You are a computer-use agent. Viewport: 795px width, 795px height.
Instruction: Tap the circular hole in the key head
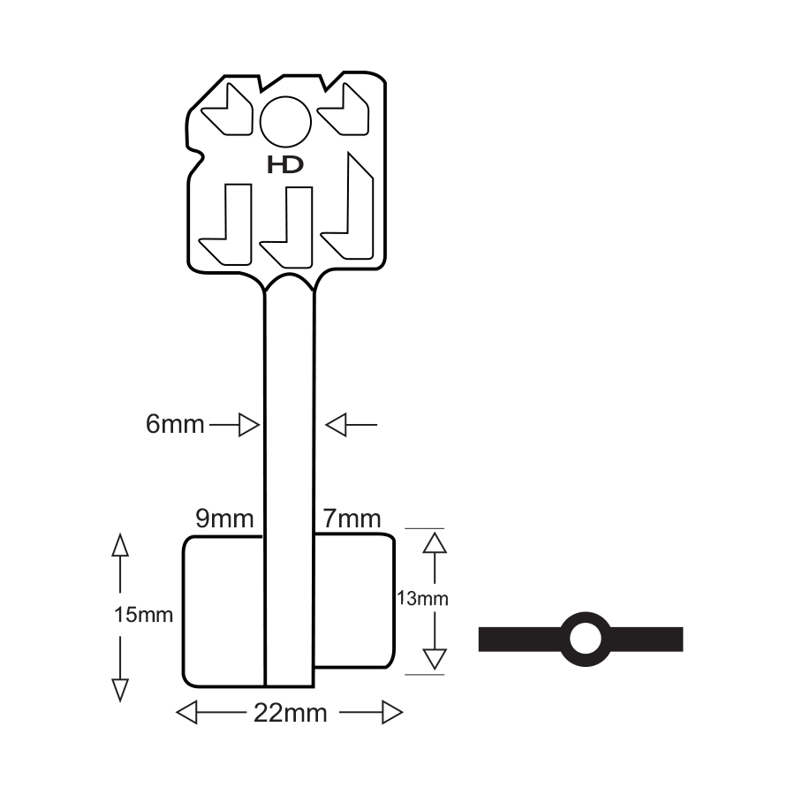pyautogui.click(x=285, y=120)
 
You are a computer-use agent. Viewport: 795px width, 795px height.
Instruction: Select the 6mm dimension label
pyautogui.click(x=175, y=425)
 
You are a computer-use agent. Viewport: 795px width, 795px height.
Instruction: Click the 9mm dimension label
pyautogui.click(x=224, y=519)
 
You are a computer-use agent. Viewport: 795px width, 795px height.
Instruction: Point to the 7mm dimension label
pyautogui.click(x=352, y=519)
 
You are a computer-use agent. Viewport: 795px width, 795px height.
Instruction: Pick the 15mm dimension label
pyautogui.click(x=143, y=615)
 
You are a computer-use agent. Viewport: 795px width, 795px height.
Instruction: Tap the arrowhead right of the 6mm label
pyautogui.click(x=251, y=426)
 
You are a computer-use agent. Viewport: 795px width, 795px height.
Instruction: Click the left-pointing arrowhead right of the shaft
pyautogui.click(x=335, y=426)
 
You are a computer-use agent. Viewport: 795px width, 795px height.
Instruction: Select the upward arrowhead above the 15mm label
pyautogui.click(x=120, y=544)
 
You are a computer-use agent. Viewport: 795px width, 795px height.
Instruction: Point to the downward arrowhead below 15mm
pyautogui.click(x=120, y=690)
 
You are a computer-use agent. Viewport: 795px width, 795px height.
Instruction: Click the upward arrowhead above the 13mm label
pyautogui.click(x=432, y=541)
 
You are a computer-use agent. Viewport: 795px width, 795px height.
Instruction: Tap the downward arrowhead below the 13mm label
pyautogui.click(x=432, y=659)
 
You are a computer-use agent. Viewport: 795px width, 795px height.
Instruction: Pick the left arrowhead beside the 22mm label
pyautogui.click(x=187, y=712)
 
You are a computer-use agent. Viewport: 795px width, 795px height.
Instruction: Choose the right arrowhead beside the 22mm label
pyautogui.click(x=391, y=712)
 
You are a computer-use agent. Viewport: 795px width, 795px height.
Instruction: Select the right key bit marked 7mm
pyautogui.click(x=353, y=601)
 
